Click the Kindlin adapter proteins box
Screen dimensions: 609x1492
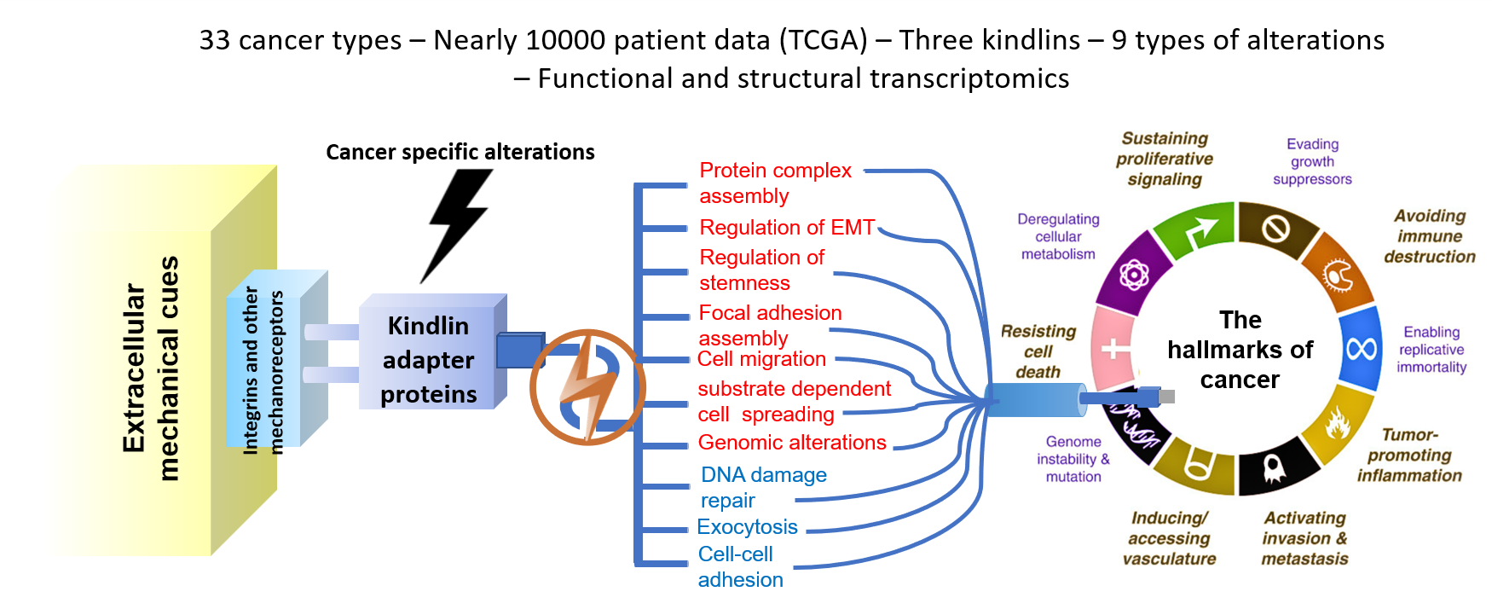(x=428, y=359)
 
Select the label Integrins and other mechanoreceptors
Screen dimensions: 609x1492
(x=263, y=371)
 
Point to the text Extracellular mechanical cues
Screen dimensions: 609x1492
(x=151, y=368)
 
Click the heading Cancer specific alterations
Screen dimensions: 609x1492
(x=460, y=152)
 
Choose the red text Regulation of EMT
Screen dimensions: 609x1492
(x=786, y=228)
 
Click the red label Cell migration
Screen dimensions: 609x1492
(x=761, y=359)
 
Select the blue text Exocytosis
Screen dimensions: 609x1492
(x=747, y=527)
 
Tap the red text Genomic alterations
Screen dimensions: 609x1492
(x=792, y=443)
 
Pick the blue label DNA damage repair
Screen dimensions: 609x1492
(x=763, y=487)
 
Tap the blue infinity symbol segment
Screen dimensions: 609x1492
(x=1361, y=348)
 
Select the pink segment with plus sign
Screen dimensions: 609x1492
(x=1113, y=348)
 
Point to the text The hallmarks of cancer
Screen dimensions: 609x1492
(x=1240, y=350)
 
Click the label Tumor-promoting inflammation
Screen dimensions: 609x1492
(x=1408, y=455)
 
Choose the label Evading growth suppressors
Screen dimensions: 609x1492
(x=1312, y=161)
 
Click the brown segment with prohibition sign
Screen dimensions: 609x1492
(x=1275, y=228)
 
